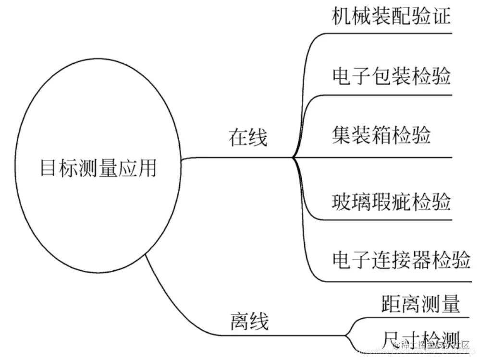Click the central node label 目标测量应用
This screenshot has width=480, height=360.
coord(98,168)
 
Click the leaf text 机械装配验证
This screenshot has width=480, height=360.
coord(392,17)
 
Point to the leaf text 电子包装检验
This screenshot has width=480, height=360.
coord(392,76)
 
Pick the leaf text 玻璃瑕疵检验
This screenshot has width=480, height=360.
coord(392,202)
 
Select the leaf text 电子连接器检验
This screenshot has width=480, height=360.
coord(401,260)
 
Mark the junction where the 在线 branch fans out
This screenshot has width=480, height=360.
coord(293,157)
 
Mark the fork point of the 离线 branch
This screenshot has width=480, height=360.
coord(347,336)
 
